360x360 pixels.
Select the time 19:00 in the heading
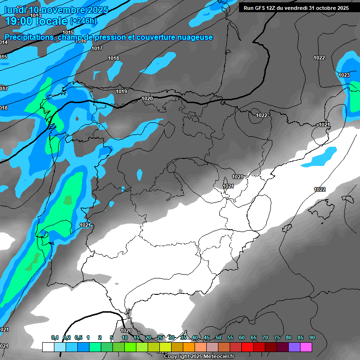19,21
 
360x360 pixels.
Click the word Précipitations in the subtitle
29,37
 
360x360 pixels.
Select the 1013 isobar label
36,15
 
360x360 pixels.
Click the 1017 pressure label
97,48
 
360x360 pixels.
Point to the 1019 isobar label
121,91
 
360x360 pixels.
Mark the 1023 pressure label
344,75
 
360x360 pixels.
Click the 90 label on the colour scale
312,337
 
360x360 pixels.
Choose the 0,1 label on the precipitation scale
55,337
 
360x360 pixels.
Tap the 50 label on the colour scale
218,337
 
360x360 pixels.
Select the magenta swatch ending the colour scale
306,347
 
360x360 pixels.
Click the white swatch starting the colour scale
48,347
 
